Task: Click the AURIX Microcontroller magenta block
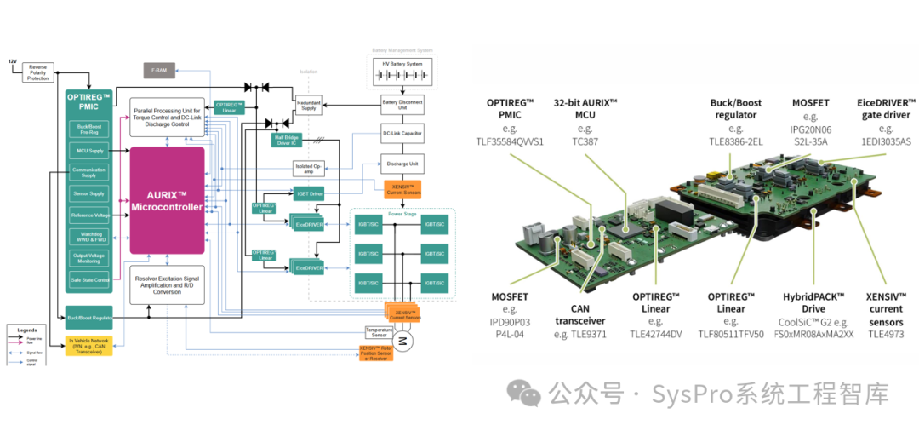tap(167, 199)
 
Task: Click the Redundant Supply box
tap(308, 103)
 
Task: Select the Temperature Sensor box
tap(379, 331)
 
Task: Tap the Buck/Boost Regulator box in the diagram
tap(89, 318)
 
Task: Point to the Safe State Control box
tap(89, 280)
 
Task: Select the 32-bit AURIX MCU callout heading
tap(586, 109)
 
